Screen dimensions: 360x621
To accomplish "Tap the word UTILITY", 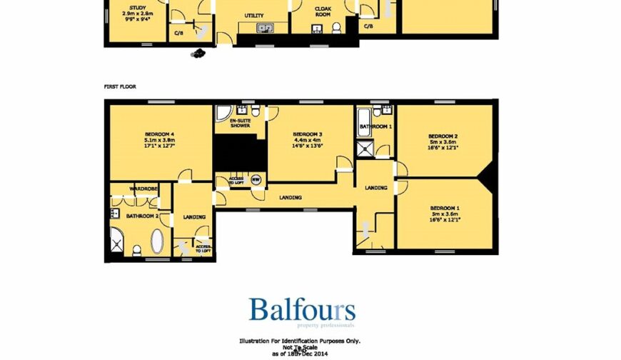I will [253, 15].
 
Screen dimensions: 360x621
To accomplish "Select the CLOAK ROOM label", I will [323, 11].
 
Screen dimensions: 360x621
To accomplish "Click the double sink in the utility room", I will [265, 29].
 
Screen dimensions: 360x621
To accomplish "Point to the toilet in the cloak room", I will [335, 28].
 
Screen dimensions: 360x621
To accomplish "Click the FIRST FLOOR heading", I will [120, 86].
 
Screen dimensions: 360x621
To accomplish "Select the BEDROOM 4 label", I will [159, 134].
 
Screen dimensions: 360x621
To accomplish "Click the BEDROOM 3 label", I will [308, 134].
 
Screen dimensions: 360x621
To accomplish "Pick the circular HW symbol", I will [255, 179].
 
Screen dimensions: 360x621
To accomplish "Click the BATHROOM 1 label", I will [375, 126].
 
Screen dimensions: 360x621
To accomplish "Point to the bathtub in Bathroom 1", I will [363, 117].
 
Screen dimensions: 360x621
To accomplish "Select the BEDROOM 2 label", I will [443, 136].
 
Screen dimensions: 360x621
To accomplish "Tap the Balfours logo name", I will [302, 311].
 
